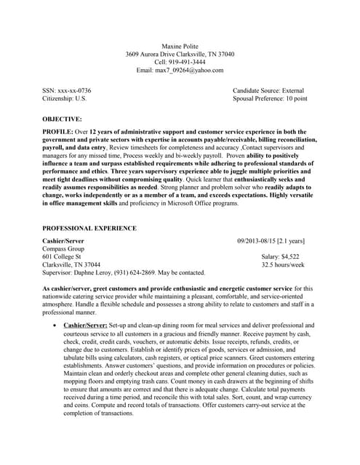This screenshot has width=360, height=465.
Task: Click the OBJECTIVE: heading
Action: tap(62, 118)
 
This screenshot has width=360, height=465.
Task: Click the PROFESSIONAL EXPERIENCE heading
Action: tap(89, 228)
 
